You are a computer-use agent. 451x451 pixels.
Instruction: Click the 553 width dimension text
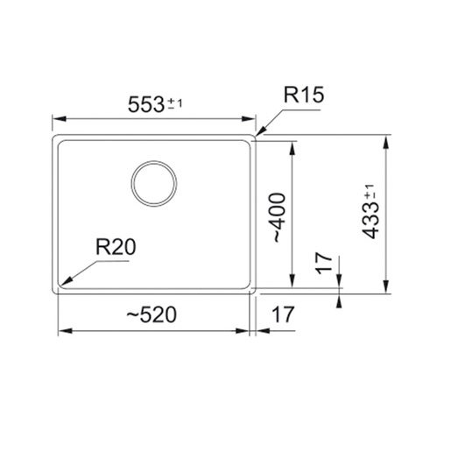click(146, 104)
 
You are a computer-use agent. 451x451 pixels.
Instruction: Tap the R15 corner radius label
click(304, 95)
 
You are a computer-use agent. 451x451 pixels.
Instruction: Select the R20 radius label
click(116, 247)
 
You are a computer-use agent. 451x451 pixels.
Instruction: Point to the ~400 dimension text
click(278, 217)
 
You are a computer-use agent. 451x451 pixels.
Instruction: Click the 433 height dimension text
click(370, 221)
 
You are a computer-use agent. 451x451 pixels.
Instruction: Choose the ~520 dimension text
click(152, 314)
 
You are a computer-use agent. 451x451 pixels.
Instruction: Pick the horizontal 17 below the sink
click(283, 314)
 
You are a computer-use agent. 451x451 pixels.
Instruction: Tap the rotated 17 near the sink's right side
click(324, 264)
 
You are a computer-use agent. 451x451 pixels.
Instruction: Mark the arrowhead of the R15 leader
click(261, 131)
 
